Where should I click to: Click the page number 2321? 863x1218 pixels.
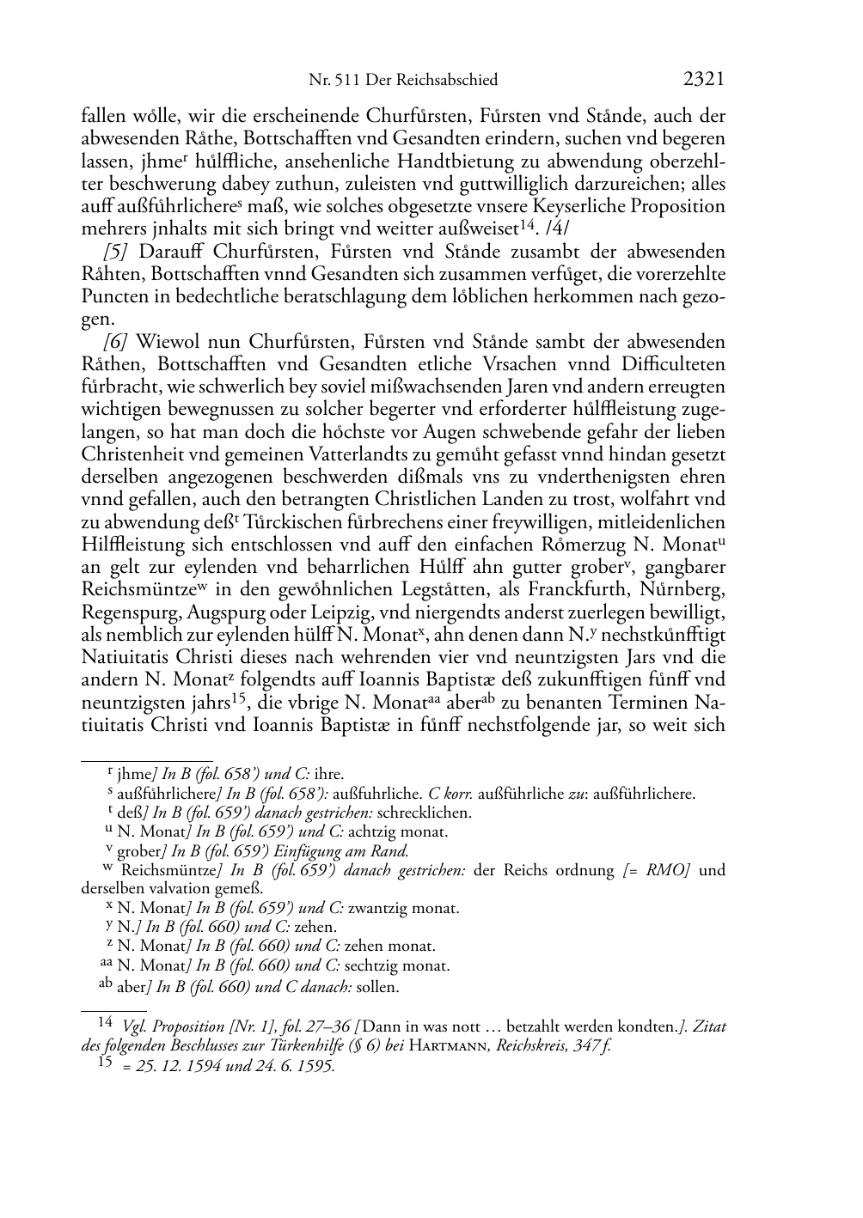click(x=704, y=80)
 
